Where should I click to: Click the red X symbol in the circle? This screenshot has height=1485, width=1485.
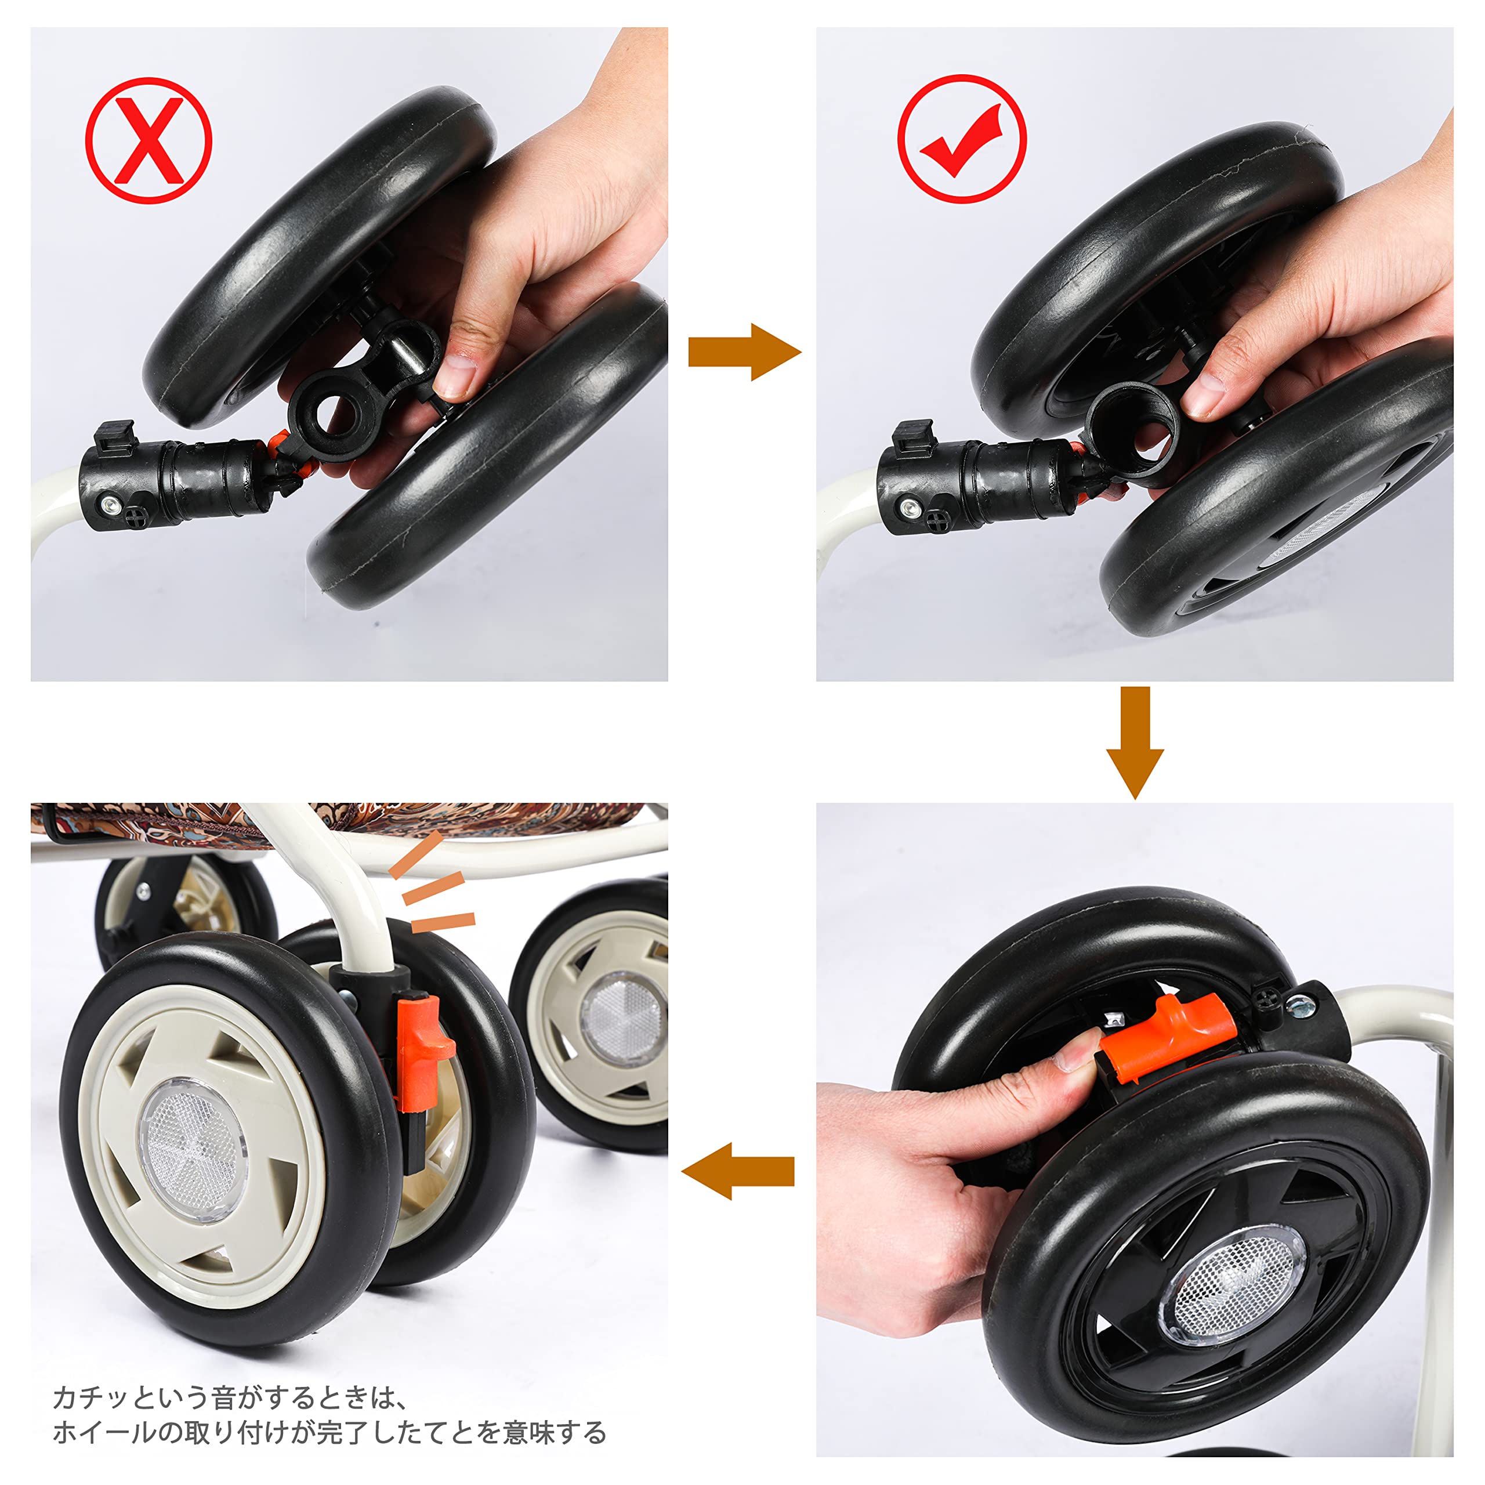click(148, 140)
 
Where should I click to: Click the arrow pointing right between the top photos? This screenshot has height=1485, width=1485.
click(744, 352)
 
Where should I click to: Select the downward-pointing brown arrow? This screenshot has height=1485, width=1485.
click(1135, 742)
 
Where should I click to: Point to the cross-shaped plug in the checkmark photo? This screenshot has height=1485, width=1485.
click(939, 520)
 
